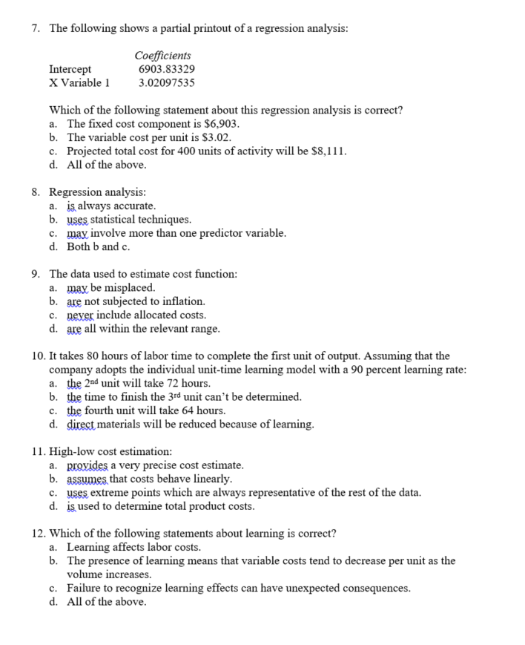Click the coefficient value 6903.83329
[167, 69]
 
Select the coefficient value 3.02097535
[167, 82]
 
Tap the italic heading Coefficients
[163, 56]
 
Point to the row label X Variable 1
[79, 82]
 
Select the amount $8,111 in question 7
[328, 151]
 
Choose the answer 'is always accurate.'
[111, 206]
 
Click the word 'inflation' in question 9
[182, 301]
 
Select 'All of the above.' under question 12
[106, 602]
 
